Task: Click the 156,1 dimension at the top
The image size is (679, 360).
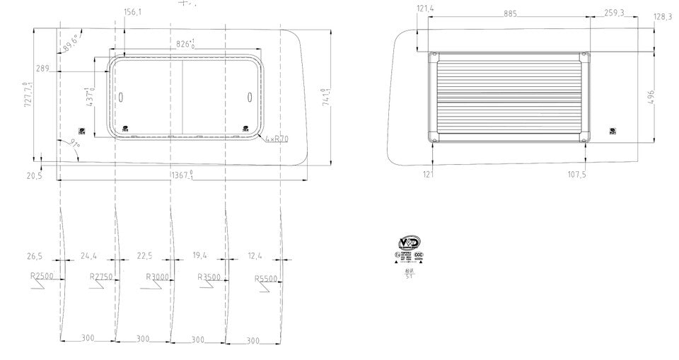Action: click(x=132, y=12)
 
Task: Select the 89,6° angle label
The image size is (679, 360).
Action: click(x=71, y=42)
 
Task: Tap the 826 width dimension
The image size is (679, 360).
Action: click(x=185, y=44)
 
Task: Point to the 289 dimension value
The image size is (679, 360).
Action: click(x=42, y=69)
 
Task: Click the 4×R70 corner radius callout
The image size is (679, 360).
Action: click(x=277, y=139)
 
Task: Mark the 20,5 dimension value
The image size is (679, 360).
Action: click(x=33, y=175)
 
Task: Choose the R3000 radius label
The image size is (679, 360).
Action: click(x=157, y=277)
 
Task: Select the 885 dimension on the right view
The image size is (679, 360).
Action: click(x=510, y=13)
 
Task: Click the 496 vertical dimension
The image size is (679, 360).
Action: click(x=651, y=97)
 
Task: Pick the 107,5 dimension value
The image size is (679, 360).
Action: click(x=576, y=175)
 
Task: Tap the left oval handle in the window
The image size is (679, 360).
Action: click(x=120, y=97)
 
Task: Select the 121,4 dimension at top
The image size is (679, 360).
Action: click(x=426, y=8)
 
